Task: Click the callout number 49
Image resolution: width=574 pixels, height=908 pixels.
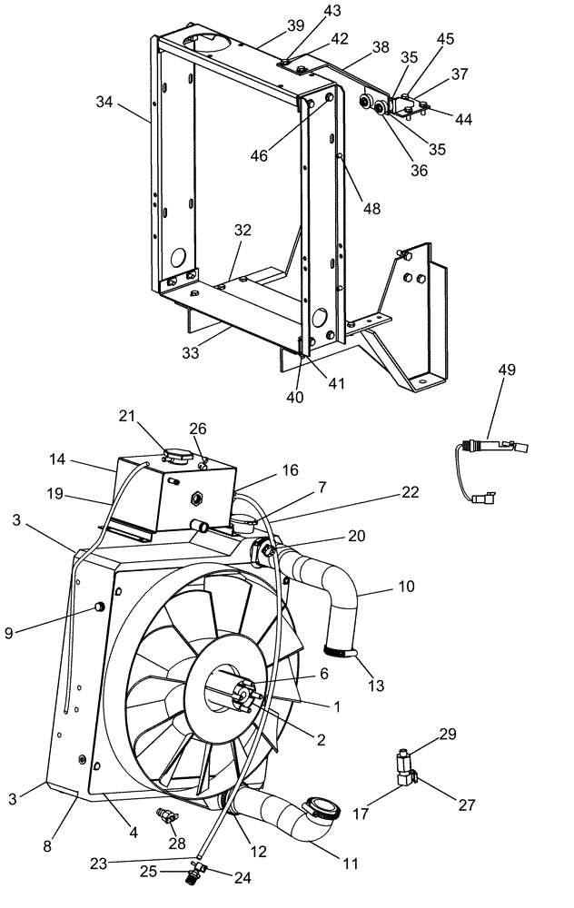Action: click(506, 370)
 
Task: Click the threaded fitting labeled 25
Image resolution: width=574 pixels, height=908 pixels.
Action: click(191, 877)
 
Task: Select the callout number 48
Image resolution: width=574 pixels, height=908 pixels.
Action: click(373, 209)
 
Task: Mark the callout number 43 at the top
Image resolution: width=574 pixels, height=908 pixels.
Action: click(307, 11)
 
